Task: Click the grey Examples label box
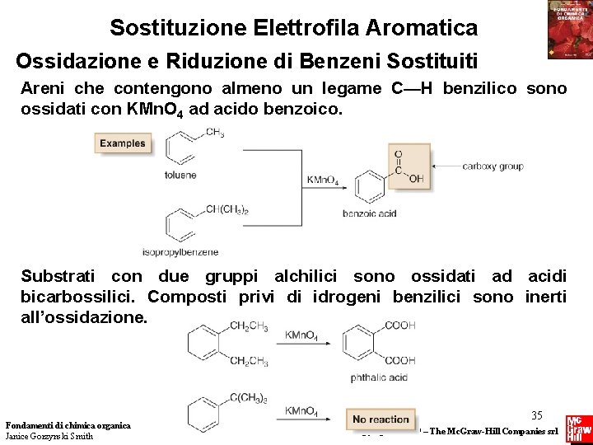point(122,143)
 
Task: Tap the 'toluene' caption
point(180,175)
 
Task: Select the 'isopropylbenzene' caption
point(180,251)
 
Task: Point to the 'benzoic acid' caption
point(370,213)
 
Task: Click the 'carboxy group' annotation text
point(493,166)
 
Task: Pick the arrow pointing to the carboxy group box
point(445,166)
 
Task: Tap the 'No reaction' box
point(381,419)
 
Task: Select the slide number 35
point(536,415)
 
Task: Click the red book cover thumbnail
point(570,30)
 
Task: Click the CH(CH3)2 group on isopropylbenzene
point(226,210)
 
